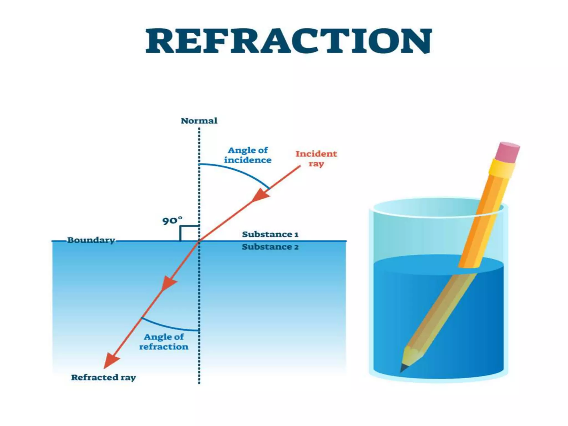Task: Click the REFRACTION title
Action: click(x=289, y=41)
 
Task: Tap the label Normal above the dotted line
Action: click(x=199, y=121)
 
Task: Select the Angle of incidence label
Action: click(x=248, y=155)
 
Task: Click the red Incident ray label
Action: click(x=316, y=158)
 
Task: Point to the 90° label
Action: click(x=172, y=221)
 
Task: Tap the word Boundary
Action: click(x=91, y=240)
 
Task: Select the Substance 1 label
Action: click(x=270, y=234)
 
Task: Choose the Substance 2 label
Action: click(x=270, y=247)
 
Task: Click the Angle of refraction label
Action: click(x=164, y=342)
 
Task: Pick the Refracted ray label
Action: click(x=103, y=377)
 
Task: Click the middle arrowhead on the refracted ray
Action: click(x=168, y=283)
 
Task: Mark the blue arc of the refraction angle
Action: click(x=169, y=326)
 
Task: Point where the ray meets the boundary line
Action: click(x=199, y=241)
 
